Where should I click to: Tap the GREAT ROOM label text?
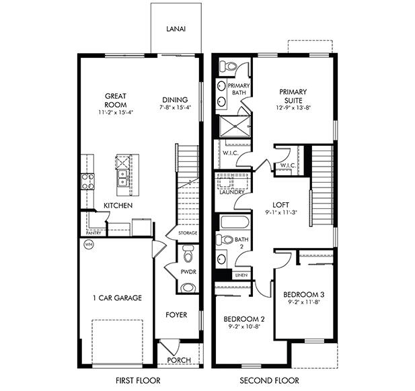(x=116, y=100)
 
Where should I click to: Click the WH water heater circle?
(x=87, y=245)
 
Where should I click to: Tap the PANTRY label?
(x=93, y=232)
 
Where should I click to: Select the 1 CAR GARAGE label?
(x=117, y=298)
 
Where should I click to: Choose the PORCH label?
(x=179, y=359)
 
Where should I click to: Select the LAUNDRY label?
(x=231, y=192)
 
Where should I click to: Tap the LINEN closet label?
(x=241, y=275)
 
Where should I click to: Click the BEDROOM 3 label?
(x=304, y=294)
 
